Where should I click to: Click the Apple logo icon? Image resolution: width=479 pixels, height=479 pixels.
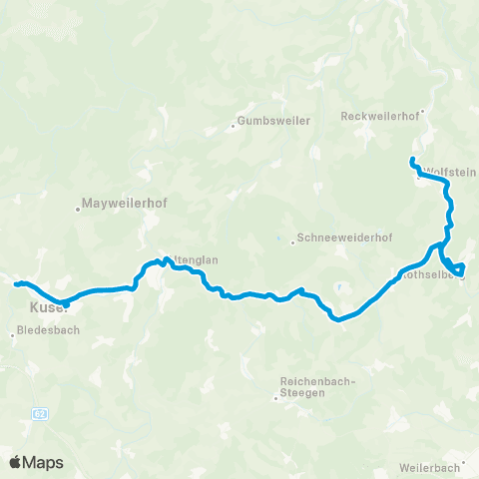(x=17, y=462)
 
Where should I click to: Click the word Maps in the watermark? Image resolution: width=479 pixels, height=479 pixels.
(x=45, y=462)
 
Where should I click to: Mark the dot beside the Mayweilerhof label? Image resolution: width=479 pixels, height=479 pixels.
(x=78, y=210)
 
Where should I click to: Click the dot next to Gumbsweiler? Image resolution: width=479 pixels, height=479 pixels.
(x=234, y=126)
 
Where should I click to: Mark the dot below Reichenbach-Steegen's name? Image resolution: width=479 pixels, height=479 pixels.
(x=276, y=398)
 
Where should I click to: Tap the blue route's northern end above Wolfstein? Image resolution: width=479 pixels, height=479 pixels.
(x=411, y=160)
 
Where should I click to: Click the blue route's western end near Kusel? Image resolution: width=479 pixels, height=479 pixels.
(x=16, y=284)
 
